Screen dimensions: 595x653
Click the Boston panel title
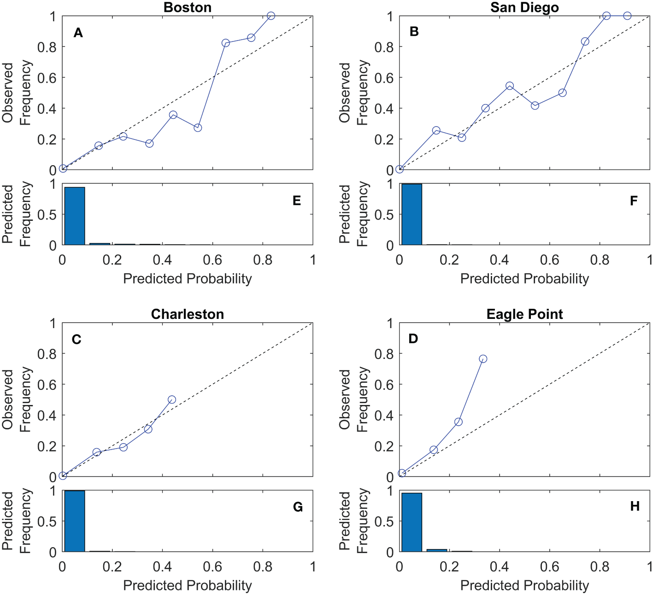point(188,7)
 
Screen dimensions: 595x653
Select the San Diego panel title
point(524,7)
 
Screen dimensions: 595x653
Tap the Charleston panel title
point(188,314)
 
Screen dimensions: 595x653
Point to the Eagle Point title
point(524,314)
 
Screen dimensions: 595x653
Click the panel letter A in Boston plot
point(78,33)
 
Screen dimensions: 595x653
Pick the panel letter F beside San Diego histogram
point(634,201)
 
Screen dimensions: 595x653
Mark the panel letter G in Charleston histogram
point(298,507)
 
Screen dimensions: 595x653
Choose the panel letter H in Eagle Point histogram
point(635,506)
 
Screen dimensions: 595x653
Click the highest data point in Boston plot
point(271,16)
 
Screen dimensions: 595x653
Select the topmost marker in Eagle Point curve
point(483,359)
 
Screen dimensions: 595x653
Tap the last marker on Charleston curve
point(172,400)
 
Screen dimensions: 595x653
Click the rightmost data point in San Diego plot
point(627,16)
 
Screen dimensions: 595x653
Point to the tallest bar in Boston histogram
point(75,216)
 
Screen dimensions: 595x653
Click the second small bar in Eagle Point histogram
point(437,550)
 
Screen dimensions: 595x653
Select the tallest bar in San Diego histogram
point(412,214)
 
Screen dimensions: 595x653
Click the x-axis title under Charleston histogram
point(188,585)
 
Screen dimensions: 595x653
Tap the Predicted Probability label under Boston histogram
point(188,279)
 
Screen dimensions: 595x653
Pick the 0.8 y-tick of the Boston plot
point(47,47)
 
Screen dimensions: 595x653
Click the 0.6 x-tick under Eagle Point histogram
point(549,566)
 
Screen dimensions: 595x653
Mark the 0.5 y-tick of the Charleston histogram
point(47,521)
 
